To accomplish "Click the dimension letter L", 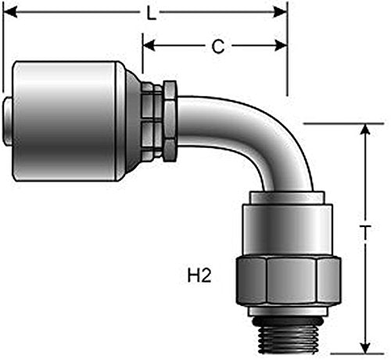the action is coord(152,13).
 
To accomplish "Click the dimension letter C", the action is coord(218,46).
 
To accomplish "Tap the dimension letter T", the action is coord(366,232).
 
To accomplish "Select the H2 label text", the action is coord(199,275).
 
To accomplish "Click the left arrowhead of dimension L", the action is coord(10,12).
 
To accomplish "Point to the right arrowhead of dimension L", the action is coord(280,12).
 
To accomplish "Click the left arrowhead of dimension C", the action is coord(149,45).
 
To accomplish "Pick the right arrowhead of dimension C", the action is coord(281,45).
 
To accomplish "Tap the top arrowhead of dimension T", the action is coord(366,131).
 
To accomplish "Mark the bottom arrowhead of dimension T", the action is coord(366,346).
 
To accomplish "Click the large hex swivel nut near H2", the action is coord(289,281).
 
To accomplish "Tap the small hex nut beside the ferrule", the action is coord(170,121).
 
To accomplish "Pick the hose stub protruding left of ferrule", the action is coord(8,121).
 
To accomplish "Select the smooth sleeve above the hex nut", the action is coord(287,229).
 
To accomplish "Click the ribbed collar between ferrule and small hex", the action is coord(152,121).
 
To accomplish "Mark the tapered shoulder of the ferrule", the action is coord(134,121).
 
